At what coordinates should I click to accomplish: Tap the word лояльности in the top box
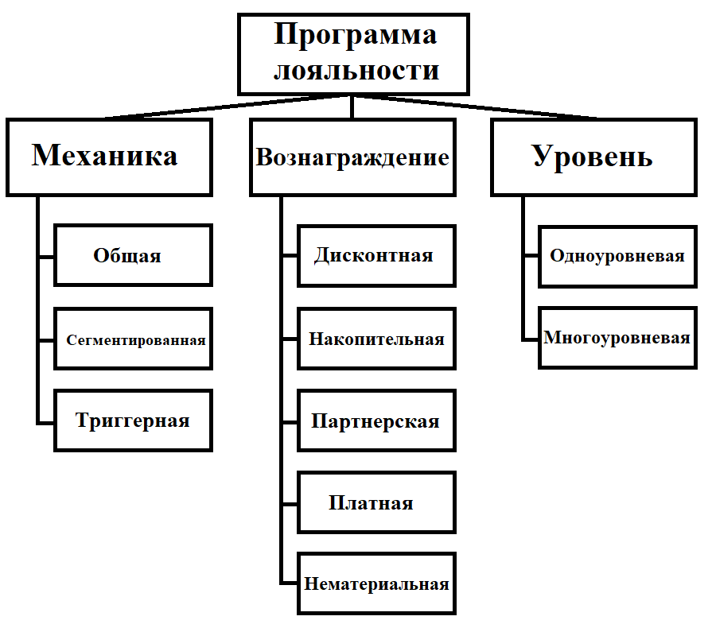[355, 70]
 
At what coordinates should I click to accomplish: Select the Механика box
[109, 157]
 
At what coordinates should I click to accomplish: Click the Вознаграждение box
[352, 157]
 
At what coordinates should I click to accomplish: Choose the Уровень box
[592, 157]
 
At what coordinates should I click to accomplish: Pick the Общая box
[133, 255]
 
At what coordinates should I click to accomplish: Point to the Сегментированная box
[133, 339]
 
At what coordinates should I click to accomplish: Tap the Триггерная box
[133, 421]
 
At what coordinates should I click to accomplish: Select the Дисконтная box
[376, 255]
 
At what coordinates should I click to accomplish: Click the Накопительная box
[376, 339]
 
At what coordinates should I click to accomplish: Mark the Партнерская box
[376, 421]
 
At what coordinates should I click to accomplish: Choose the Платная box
[376, 503]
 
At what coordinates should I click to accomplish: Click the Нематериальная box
[376, 584]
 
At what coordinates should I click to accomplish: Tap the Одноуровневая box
[617, 256]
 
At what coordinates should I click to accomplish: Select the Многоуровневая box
[617, 338]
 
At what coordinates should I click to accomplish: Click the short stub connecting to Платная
[290, 503]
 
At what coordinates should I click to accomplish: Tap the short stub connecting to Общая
[46, 256]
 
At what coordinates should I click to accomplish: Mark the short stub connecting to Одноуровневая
[531, 256]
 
